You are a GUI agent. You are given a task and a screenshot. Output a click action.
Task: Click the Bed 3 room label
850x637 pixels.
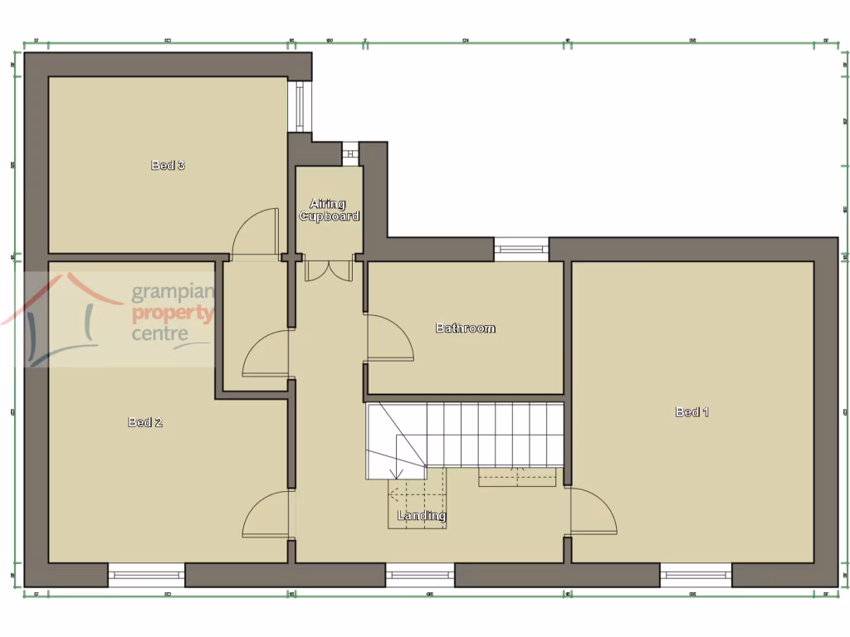point(168,165)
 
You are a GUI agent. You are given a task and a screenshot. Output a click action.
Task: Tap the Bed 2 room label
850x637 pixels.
point(145,422)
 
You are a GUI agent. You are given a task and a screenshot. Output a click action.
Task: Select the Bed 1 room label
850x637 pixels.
point(692,411)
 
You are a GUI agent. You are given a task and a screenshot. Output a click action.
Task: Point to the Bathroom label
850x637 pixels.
point(466,328)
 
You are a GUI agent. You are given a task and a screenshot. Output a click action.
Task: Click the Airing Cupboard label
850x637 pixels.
point(329,210)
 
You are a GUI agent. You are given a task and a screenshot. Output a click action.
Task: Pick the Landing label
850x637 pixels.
point(422,516)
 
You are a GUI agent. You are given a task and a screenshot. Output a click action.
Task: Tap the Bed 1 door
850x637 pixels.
point(593,512)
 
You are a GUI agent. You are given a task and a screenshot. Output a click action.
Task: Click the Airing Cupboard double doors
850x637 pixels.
point(329,271)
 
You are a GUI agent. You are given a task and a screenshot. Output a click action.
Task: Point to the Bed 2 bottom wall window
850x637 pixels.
point(146,575)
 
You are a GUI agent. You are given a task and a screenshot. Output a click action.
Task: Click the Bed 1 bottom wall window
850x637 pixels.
point(696,575)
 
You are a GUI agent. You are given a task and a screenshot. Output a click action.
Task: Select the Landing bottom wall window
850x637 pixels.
point(420,575)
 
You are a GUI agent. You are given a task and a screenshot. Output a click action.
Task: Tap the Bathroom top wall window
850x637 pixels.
point(521,249)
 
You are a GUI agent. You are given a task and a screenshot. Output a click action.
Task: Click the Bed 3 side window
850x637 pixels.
point(300,106)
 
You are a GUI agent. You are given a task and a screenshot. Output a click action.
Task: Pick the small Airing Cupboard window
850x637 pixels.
point(350,153)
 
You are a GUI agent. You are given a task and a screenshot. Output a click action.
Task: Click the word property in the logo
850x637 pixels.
point(173,314)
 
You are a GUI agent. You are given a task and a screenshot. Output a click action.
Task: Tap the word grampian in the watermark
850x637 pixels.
point(173,293)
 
